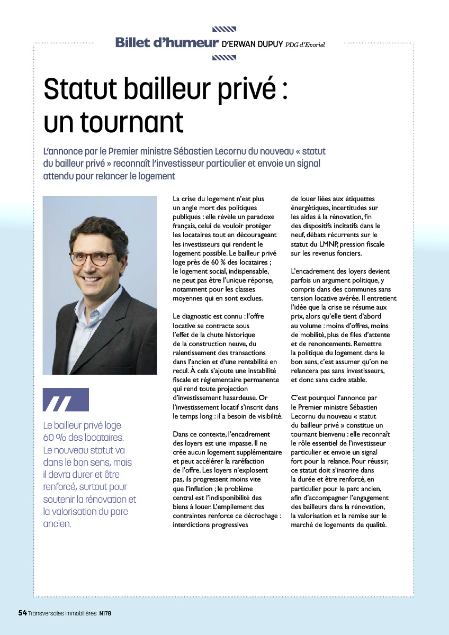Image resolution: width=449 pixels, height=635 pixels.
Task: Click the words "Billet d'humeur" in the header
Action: point(167,43)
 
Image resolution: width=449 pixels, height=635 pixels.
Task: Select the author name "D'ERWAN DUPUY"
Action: point(252,44)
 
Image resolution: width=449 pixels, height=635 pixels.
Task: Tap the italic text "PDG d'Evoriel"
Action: point(305,45)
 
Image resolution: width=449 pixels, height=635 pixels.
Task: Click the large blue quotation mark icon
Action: point(66,400)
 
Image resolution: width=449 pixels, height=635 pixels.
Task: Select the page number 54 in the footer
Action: point(22,613)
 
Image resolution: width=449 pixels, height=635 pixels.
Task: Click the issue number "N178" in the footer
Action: point(104,613)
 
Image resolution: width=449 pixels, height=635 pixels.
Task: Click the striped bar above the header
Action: point(223,29)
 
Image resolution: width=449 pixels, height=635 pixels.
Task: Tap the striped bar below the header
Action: point(223,58)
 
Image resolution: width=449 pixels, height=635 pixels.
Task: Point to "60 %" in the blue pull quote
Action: point(56,438)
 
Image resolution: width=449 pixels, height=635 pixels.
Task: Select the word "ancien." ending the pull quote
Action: point(57,524)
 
